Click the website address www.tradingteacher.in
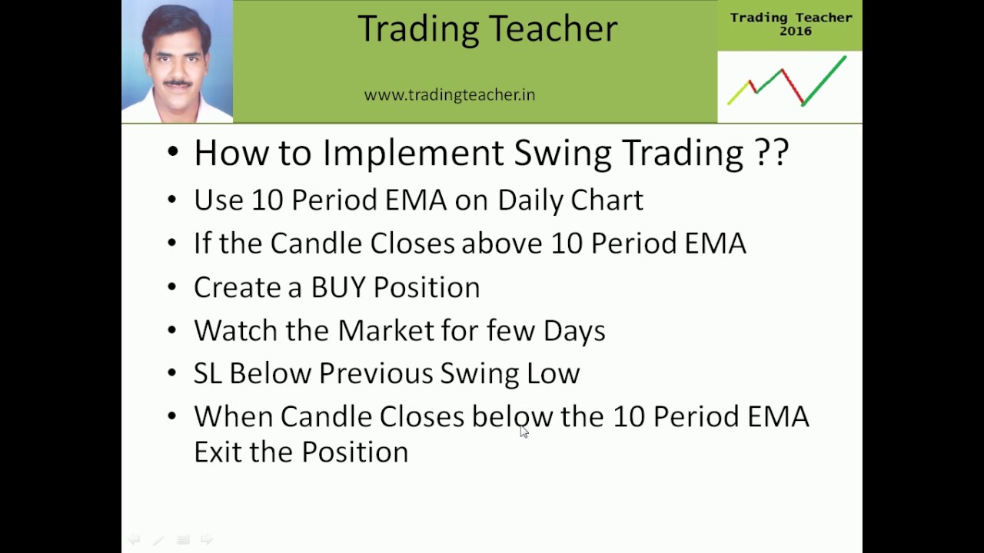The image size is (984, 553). (x=450, y=94)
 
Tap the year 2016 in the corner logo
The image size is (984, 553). (x=796, y=31)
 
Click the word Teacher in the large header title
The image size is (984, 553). (x=553, y=28)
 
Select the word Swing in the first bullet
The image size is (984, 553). (x=563, y=154)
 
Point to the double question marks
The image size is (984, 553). (x=772, y=152)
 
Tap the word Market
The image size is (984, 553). (x=386, y=330)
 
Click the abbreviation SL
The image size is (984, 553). (x=208, y=373)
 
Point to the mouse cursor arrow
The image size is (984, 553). (x=524, y=432)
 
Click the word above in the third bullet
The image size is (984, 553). (x=502, y=243)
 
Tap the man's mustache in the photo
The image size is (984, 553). (x=178, y=82)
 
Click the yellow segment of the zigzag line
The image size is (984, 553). (x=739, y=93)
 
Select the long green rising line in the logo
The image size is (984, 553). (x=824, y=81)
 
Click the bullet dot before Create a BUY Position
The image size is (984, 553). (x=172, y=287)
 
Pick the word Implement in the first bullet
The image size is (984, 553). (x=413, y=154)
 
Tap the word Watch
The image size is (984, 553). (x=235, y=330)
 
